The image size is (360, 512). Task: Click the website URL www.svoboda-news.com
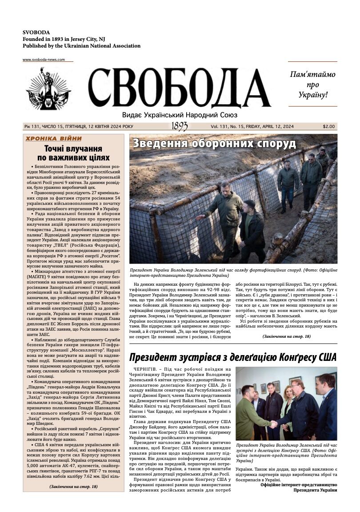click(44, 60)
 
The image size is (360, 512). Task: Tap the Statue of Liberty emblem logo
click(48, 88)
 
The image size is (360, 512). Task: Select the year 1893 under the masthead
click(179, 127)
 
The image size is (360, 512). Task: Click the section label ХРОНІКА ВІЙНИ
click(54, 139)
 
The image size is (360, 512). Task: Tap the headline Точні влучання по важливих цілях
click(73, 152)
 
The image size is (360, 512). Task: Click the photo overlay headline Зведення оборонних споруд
click(214, 144)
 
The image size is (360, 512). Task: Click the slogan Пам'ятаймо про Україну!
click(312, 84)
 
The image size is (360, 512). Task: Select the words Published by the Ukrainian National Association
click(81, 46)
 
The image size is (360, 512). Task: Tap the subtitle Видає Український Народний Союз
click(180, 115)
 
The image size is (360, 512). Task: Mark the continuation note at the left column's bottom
click(73, 487)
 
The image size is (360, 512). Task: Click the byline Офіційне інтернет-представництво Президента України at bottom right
click(299, 487)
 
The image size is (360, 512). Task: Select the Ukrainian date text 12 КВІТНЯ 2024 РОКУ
click(108, 127)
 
